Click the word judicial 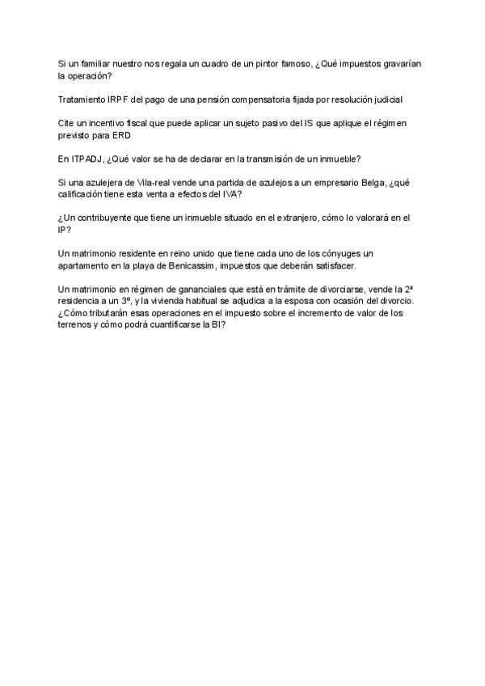pos(384,99)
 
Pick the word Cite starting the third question pos(67,122)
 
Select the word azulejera pos(113,182)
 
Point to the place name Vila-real pos(165,182)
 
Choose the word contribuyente pos(109,218)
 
